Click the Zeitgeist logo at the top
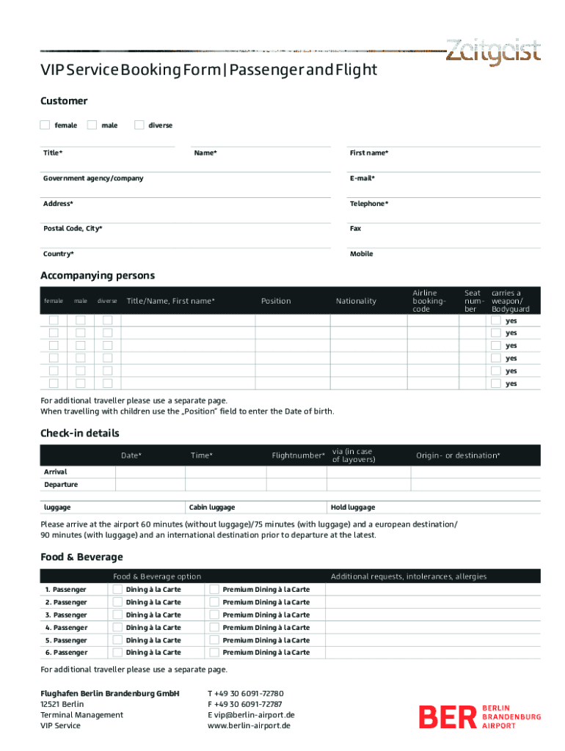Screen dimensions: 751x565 tap(493, 52)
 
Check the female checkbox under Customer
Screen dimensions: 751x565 tap(45, 125)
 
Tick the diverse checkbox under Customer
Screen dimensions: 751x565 tap(139, 125)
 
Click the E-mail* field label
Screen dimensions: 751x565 tap(362, 178)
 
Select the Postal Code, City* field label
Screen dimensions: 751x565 tap(73, 228)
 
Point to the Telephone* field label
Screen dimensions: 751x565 tap(369, 203)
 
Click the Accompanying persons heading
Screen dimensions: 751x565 tap(98, 276)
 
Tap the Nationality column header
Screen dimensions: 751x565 tap(356, 301)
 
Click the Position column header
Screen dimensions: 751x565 tap(276, 301)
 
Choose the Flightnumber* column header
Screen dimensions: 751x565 tap(298, 455)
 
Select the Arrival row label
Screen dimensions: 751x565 tap(55, 472)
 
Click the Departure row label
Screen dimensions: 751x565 tap(61, 485)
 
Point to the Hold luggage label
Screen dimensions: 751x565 tap(353, 508)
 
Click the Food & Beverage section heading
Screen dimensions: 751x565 tap(81, 557)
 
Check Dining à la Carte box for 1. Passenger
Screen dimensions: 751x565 tap(117, 589)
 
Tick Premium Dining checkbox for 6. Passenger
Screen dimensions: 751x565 tap(214, 652)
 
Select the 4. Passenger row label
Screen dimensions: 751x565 tap(65, 627)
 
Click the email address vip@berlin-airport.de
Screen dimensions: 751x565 tap(252, 715)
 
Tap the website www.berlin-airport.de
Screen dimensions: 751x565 tap(249, 725)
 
